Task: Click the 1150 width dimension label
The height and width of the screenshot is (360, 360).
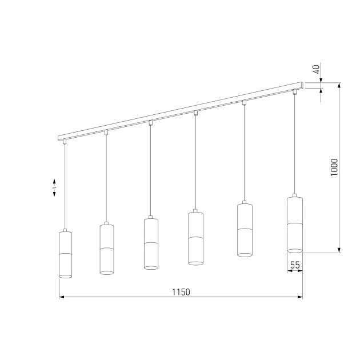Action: [181, 291]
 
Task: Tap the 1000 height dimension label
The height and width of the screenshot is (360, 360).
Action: [334, 167]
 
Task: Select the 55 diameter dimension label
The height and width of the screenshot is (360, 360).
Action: [295, 265]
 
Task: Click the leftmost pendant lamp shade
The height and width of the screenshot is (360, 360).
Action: [66, 254]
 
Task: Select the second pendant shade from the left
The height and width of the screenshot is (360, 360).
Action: [106, 249]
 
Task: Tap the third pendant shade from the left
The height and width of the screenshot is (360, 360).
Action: [151, 243]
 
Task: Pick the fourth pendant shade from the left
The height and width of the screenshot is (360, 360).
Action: [195, 238]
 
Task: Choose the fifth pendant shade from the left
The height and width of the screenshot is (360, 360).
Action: [245, 230]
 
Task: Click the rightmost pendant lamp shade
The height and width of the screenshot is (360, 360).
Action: [294, 223]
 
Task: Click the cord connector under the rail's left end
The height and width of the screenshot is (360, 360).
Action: [65, 141]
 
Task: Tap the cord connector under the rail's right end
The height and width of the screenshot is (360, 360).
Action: [295, 91]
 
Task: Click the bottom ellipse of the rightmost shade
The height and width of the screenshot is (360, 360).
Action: [294, 249]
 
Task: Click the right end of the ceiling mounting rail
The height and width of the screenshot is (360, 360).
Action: [301, 84]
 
